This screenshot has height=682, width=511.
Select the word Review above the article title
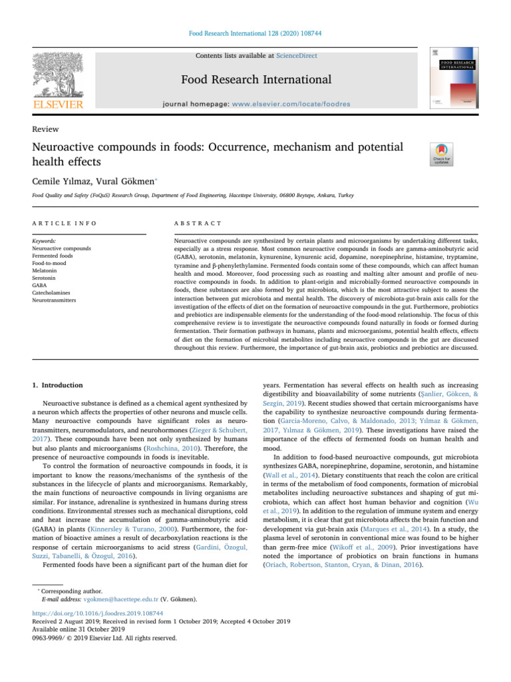tap(44, 129)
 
